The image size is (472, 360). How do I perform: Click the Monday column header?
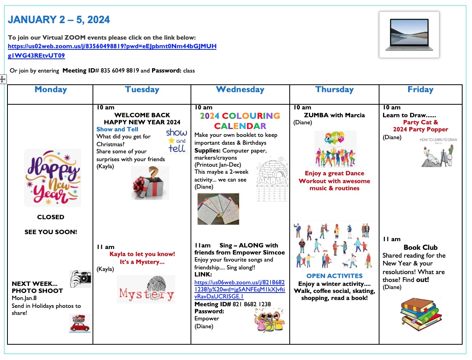(x=51, y=89)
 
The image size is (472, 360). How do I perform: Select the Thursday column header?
(x=334, y=89)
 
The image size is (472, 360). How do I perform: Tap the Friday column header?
(x=420, y=89)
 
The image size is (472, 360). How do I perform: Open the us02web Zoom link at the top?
(x=112, y=46)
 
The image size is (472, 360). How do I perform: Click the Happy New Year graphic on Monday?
(x=53, y=178)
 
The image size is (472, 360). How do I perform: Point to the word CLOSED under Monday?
(x=51, y=217)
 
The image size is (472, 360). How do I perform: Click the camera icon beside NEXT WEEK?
(x=80, y=278)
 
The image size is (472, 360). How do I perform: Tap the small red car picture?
(x=80, y=323)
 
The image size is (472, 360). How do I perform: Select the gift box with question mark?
(x=150, y=183)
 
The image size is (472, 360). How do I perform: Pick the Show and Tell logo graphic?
(x=176, y=140)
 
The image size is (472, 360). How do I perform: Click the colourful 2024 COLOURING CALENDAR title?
(x=240, y=121)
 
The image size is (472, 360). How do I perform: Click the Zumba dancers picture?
(x=335, y=149)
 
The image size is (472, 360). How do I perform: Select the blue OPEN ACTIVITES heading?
(x=334, y=276)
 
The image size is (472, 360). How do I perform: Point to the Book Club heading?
(x=420, y=247)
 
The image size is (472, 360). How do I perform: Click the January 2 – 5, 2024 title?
(x=59, y=20)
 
